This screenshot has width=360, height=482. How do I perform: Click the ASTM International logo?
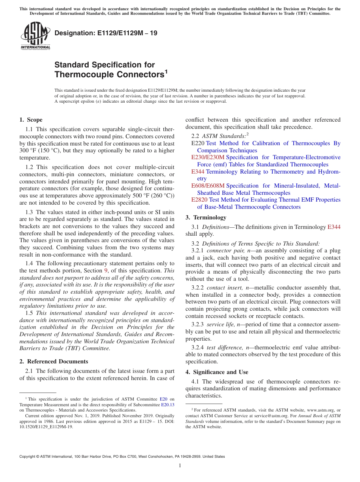[x=35, y=36]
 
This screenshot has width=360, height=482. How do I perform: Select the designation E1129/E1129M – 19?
[x=106, y=33]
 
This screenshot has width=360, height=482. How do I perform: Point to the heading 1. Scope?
[x=31, y=120]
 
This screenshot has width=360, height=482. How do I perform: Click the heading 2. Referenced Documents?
[x=54, y=361]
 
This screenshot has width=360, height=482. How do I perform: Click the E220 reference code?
[x=198, y=143]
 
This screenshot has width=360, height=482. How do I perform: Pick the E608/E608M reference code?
[x=208, y=186]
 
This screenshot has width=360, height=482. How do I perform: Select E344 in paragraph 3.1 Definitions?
[x=334, y=227]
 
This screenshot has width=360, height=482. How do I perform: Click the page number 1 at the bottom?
[x=180, y=466]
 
